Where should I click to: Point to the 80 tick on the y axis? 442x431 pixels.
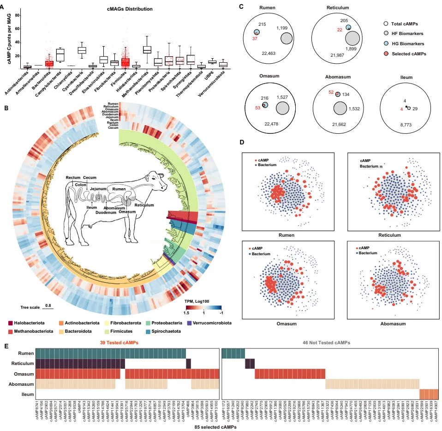coord(18,15)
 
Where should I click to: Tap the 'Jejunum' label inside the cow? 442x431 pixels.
coord(99,188)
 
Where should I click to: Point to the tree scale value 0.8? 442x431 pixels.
coord(47,305)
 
